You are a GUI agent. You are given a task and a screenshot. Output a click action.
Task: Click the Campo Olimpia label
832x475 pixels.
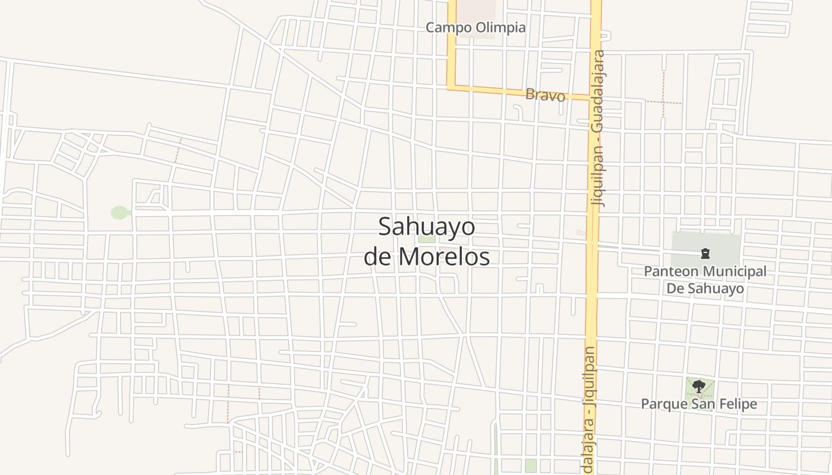[x=475, y=27]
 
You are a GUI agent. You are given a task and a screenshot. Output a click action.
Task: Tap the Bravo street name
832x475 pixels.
[x=545, y=94]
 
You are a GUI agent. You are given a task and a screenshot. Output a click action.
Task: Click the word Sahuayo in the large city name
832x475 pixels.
[x=427, y=227]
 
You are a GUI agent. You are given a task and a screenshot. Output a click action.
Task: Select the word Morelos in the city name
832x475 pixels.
[x=444, y=256]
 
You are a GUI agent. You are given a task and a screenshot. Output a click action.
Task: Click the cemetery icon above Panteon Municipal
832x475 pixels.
[x=705, y=254]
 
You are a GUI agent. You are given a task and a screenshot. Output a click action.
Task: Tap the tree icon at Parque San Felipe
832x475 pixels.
[x=699, y=387]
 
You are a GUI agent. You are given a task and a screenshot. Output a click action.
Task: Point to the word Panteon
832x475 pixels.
[x=671, y=271]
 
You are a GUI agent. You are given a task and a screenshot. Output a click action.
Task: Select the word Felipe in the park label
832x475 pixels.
[x=737, y=404]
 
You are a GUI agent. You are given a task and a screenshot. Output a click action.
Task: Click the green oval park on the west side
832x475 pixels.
[x=119, y=213]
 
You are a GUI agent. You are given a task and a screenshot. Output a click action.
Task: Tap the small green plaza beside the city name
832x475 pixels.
[x=426, y=239]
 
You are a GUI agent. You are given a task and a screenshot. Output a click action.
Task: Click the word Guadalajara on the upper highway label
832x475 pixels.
[x=599, y=91]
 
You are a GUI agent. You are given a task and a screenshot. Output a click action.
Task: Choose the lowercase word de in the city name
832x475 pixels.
[x=377, y=256]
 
